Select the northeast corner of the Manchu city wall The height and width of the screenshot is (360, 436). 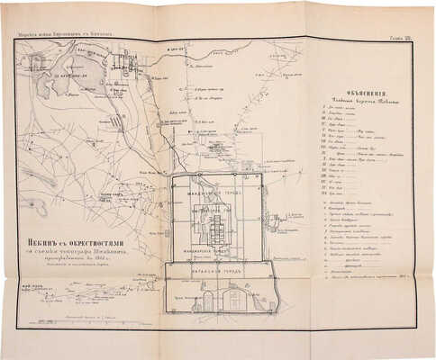(x=263, y=173)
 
